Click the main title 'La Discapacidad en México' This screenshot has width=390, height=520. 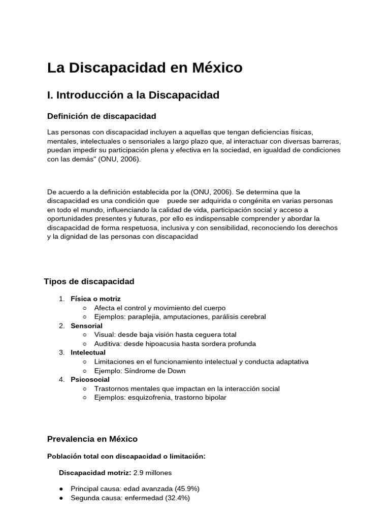[145, 68]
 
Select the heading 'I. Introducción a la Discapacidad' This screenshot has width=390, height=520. [133, 95]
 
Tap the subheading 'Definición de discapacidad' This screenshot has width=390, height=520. [102, 116]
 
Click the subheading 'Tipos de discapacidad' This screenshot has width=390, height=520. [89, 281]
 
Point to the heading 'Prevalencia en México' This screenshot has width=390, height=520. [92, 439]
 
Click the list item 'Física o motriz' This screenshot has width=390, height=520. [95, 299]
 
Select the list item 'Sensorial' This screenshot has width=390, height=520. [86, 326]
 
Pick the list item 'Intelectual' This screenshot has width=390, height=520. [88, 352]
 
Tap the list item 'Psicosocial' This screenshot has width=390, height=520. [90, 379]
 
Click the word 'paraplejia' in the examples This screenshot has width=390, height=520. [148, 317]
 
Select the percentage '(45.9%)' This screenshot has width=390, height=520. [187, 489]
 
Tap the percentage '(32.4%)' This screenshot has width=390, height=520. [177, 498]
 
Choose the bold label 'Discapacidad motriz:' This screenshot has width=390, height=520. [95, 473]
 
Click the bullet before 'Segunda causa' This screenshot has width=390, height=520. [61, 498]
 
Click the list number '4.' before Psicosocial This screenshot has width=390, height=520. [62, 379]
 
